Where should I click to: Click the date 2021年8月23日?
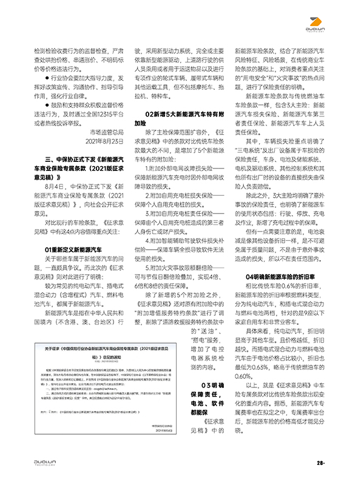click(101, 141)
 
